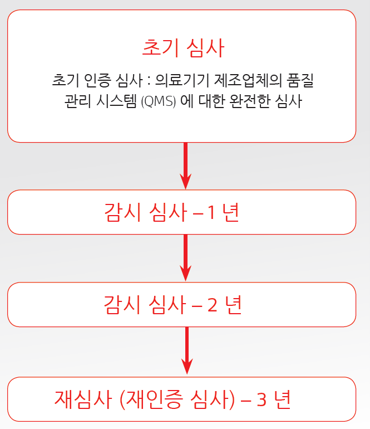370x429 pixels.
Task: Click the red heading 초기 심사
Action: pos(183,48)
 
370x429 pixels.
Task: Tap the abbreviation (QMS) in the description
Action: pos(159,101)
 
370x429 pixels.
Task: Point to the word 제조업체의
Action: pos(248,80)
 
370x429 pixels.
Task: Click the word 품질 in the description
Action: pos(300,80)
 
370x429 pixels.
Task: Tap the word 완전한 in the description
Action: pos(250,101)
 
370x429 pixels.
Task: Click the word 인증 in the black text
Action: pos(97,80)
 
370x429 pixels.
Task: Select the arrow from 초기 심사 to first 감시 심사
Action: pos(185,166)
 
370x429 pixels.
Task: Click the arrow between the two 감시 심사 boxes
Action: pos(185,257)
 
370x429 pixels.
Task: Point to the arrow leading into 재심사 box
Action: pos(187,350)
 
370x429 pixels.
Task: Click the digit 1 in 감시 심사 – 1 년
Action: pos(211,213)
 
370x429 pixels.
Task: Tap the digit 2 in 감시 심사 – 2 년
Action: pos(213,305)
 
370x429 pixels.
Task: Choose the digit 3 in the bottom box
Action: pos(262,399)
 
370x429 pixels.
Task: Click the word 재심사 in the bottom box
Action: pos(83,399)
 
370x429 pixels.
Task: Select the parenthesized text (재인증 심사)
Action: pos(177,399)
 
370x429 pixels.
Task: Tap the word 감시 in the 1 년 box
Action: pos(122,212)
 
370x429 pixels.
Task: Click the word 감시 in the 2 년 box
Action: pos(122,305)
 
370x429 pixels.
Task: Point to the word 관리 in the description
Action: pos(78,101)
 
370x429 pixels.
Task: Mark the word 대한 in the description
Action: pos(211,101)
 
